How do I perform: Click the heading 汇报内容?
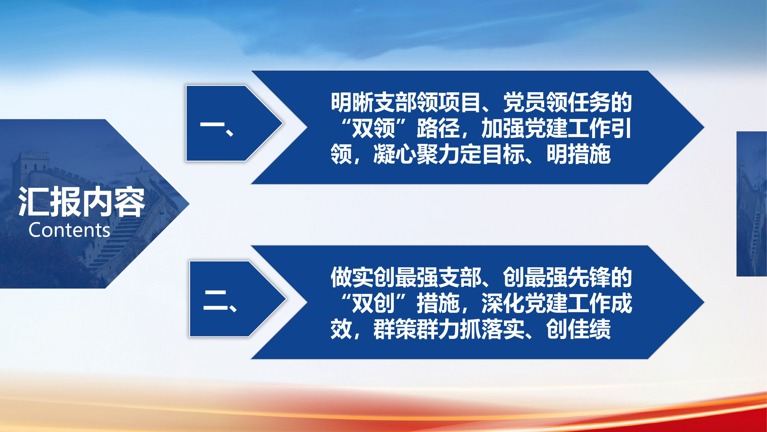[x=81, y=202]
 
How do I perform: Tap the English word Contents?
[x=69, y=230]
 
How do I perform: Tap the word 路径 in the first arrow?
[x=438, y=128]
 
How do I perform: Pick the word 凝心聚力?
[x=416, y=154]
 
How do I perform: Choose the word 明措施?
[x=579, y=154]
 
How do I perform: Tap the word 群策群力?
[x=416, y=329]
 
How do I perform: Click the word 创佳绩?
[x=579, y=329]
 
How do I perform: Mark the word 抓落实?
[x=492, y=329]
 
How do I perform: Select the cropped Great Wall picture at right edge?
[x=752, y=204]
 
